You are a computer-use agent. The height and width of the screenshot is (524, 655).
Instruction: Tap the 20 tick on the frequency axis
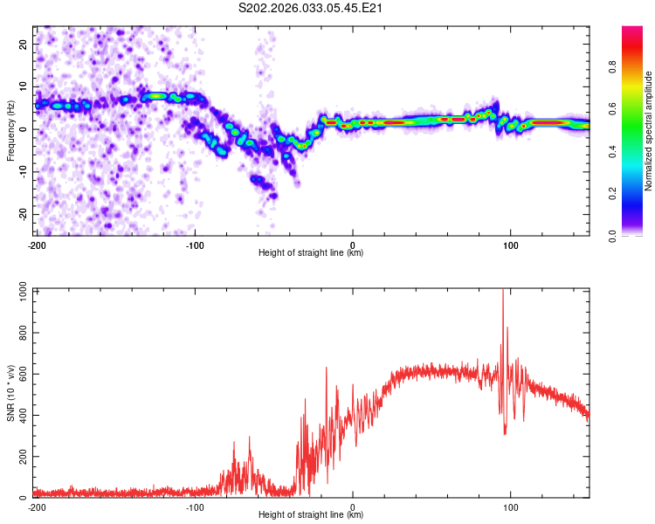(x=24, y=44)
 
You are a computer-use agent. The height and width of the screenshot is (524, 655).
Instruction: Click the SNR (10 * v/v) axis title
(x=10, y=393)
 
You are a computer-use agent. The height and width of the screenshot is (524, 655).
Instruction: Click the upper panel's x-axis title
(x=312, y=253)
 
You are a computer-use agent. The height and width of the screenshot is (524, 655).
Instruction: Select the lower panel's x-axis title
(x=312, y=515)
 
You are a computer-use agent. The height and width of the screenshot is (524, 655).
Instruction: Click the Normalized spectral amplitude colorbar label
(x=648, y=131)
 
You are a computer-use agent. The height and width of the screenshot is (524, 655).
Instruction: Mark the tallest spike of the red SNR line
(x=503, y=292)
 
